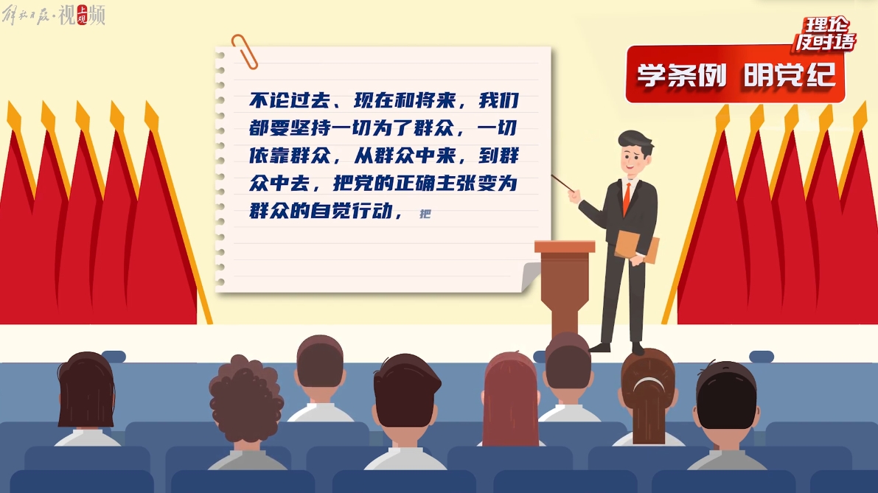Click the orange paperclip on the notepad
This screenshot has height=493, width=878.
click(245, 52)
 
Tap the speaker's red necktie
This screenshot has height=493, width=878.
click(627, 198)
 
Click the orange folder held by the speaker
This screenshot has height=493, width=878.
click(637, 246)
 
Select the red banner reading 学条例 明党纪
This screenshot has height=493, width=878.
click(735, 74)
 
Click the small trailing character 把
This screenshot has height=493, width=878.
click(425, 214)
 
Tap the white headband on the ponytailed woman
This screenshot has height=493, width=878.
click(649, 383)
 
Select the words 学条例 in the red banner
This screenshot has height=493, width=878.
click(681, 75)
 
